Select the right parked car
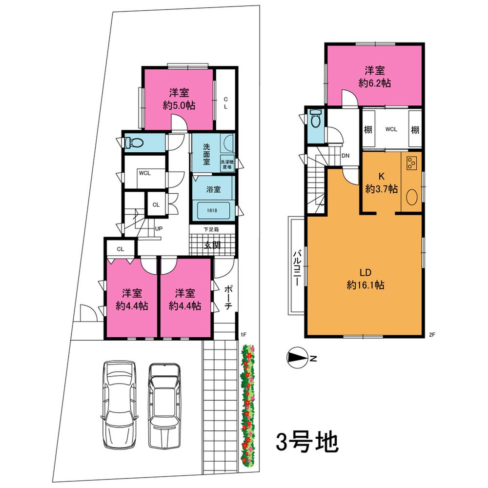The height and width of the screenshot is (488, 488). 164,405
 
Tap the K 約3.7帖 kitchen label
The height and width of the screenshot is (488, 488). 381,183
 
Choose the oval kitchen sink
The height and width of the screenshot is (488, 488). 411,198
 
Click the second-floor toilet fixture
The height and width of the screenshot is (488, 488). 315,119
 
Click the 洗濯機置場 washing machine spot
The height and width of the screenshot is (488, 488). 227,163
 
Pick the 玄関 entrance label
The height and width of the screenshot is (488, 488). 211,245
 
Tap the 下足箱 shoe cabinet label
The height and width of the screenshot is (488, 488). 211,229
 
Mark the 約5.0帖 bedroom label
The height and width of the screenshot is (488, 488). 179,99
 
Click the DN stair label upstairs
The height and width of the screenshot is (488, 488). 346,156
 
